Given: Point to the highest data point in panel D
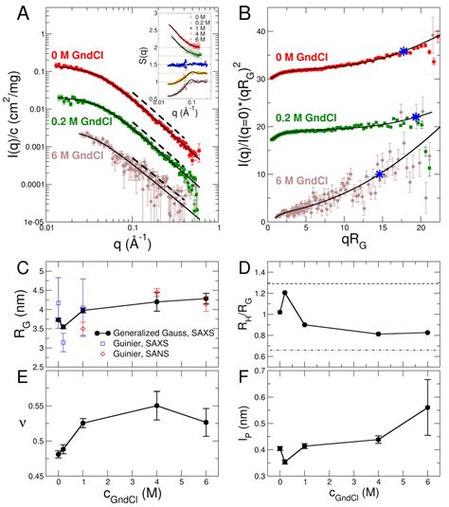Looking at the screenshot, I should click(285, 293).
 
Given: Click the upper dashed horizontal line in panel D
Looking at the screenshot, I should click(360, 283).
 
